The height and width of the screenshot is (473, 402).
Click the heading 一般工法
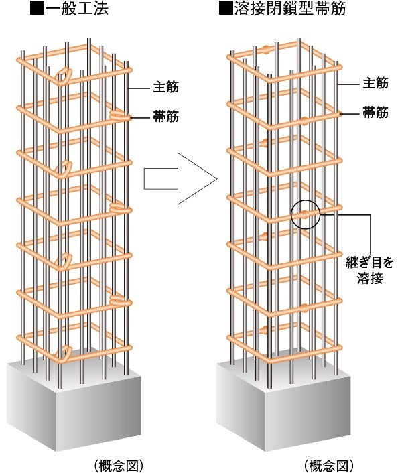point(77,9)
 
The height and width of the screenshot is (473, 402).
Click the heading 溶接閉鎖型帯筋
point(290,9)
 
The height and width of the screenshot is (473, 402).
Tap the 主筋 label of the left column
point(166,87)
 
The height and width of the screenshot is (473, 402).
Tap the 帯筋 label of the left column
point(166,117)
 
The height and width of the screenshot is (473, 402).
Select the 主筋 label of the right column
point(375,83)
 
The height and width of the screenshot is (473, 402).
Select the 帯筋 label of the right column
point(375,113)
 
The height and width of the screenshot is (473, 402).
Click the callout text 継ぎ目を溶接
point(370,271)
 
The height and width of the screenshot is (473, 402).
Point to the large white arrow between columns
point(180,179)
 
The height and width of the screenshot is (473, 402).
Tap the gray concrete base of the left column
point(74,401)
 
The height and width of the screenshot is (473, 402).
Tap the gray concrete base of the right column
point(283,401)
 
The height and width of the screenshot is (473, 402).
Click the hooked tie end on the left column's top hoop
point(64,76)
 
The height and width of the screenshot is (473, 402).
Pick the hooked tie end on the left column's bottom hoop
point(64,354)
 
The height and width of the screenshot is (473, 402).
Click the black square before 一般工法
point(38,9)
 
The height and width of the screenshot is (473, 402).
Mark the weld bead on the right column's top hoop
point(267,49)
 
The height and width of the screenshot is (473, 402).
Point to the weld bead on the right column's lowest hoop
point(265,330)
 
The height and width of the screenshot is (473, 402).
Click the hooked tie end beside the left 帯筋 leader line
point(117,115)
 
